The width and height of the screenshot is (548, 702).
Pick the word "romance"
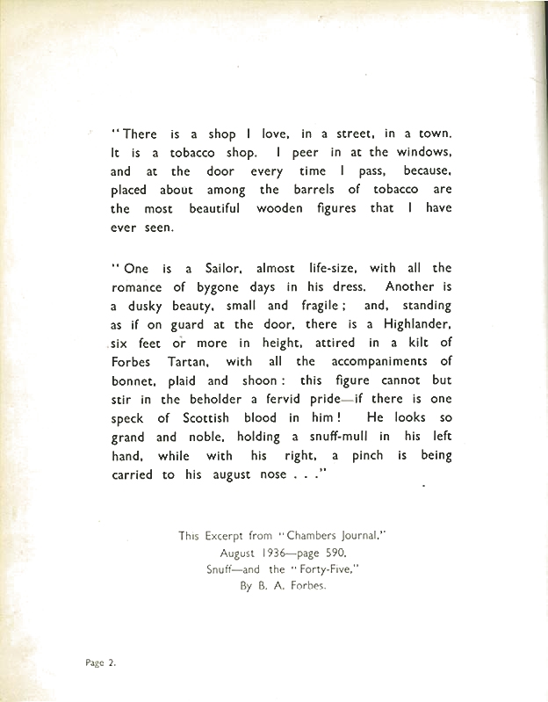[139, 287]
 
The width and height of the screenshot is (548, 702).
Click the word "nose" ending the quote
[273, 475]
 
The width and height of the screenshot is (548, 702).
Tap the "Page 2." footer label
[100, 664]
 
